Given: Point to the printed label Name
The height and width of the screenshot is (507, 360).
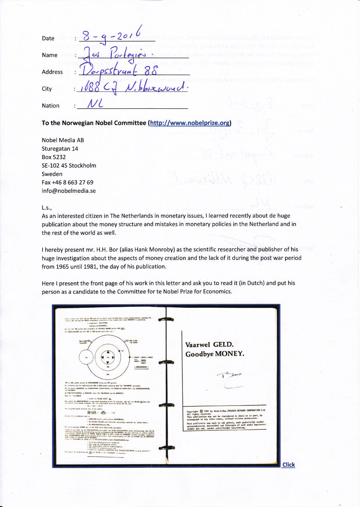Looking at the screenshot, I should [50, 55].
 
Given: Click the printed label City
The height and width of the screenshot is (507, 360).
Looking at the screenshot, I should [47, 89].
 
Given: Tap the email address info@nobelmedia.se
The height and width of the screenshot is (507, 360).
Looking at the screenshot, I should [69, 191].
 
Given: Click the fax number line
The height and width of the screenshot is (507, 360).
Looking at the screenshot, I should [68, 182].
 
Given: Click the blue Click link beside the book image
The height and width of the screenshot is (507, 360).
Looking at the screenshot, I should [288, 465].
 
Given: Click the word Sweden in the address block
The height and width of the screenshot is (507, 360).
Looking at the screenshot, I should [52, 174].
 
